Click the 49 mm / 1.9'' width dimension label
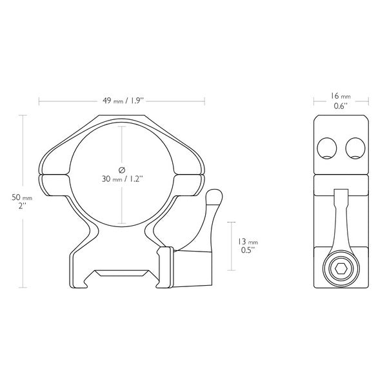click(x=122, y=101)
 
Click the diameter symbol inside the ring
click(x=121, y=168)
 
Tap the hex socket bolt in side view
click(x=341, y=268)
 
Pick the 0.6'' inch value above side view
click(x=341, y=106)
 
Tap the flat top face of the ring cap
click(x=122, y=117)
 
